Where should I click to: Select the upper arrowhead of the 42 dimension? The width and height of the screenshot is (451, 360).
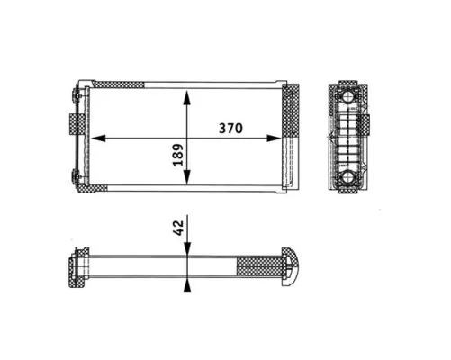coord(186,252)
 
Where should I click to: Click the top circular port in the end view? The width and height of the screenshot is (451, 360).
coord(347,96)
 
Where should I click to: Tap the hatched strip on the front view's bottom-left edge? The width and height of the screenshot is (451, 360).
coord(95,188)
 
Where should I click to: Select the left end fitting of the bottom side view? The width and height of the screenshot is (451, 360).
coord(73,267)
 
